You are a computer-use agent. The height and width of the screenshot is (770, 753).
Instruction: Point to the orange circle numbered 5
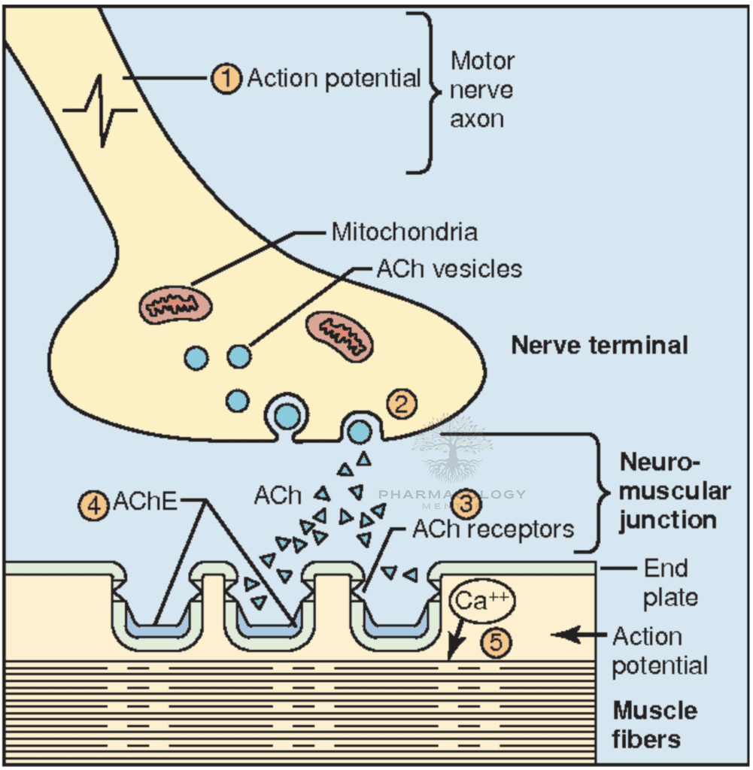(x=497, y=642)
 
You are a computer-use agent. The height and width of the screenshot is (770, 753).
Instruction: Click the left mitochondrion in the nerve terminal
(x=176, y=303)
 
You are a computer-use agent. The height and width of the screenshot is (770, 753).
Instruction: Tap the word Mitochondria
(x=404, y=232)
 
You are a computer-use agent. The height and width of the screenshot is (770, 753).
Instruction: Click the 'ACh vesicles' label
(x=449, y=268)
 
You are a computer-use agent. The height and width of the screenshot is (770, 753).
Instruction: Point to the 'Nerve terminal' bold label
(x=600, y=345)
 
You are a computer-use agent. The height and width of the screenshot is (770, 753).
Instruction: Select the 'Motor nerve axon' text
(x=481, y=89)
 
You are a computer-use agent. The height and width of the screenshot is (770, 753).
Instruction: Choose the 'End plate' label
(x=666, y=583)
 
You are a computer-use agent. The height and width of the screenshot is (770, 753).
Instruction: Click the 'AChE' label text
(x=145, y=502)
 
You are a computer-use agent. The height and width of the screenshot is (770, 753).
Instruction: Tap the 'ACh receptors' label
(x=493, y=529)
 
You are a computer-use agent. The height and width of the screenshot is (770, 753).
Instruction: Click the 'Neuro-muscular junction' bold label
(x=673, y=491)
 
